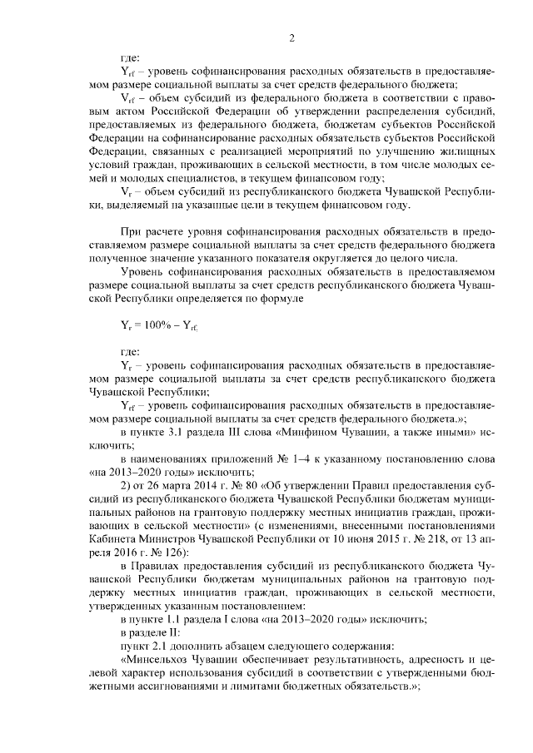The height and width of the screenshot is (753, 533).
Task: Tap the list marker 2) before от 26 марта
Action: point(127,486)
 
